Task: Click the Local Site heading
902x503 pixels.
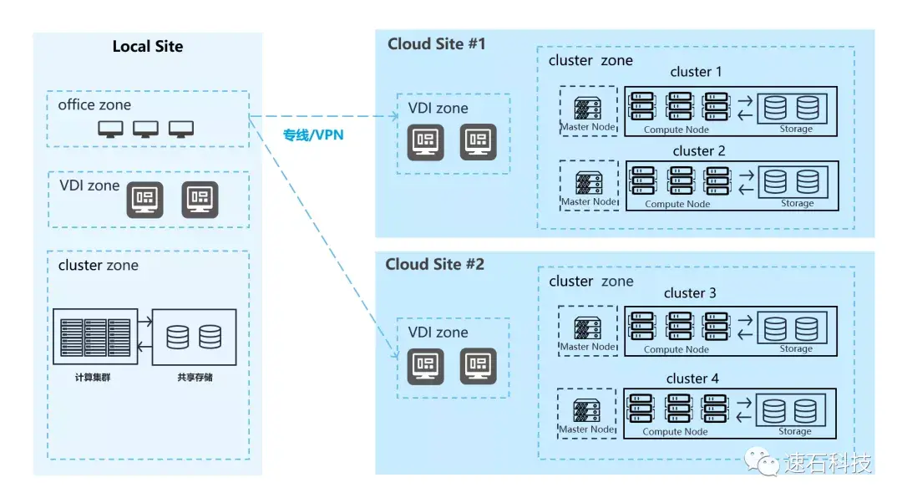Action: [148, 46]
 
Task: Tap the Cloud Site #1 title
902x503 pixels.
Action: [437, 43]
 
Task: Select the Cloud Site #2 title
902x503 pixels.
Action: [435, 264]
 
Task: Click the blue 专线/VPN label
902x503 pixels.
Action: [313, 135]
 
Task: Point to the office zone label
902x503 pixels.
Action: [94, 104]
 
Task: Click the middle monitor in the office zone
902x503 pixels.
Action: [145, 129]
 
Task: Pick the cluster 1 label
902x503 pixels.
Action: [696, 72]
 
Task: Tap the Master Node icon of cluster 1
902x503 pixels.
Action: [588, 108]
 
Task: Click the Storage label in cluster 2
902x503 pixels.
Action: [798, 203]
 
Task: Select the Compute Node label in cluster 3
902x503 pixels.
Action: [676, 349]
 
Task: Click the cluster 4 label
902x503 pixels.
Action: [692, 379]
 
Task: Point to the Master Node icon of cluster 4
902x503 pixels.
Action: [587, 411]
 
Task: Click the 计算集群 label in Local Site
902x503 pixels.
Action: [93, 378]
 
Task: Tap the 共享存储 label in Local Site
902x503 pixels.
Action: [195, 378]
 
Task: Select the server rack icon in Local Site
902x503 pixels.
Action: [95, 338]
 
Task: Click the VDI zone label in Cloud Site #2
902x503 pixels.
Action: [438, 333]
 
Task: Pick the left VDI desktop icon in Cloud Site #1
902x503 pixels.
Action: [426, 141]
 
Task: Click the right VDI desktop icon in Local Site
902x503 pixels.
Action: [200, 200]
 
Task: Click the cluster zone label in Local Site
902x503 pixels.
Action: [99, 266]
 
